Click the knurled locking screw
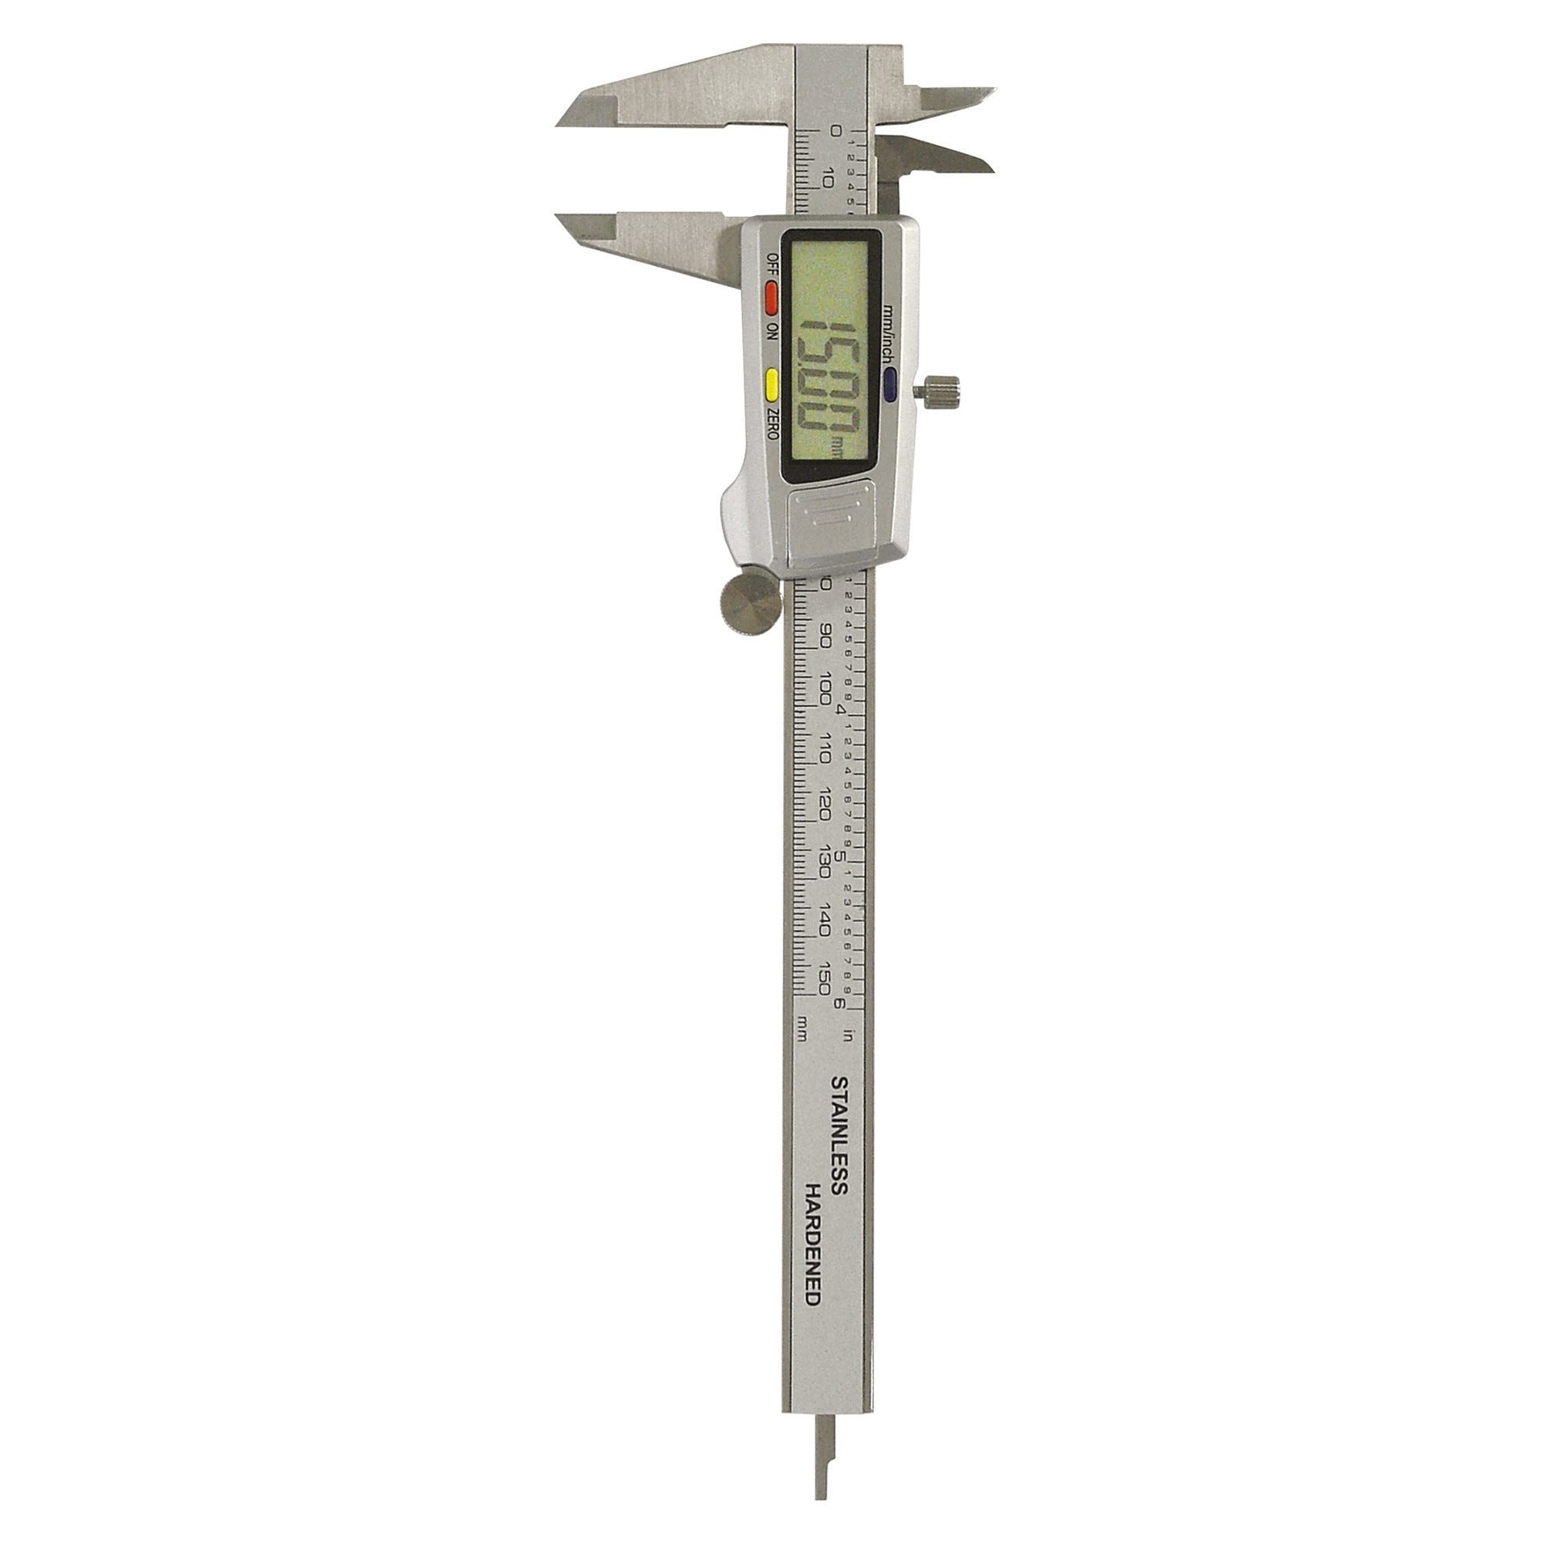point(941,390)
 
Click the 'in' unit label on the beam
point(848,1038)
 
